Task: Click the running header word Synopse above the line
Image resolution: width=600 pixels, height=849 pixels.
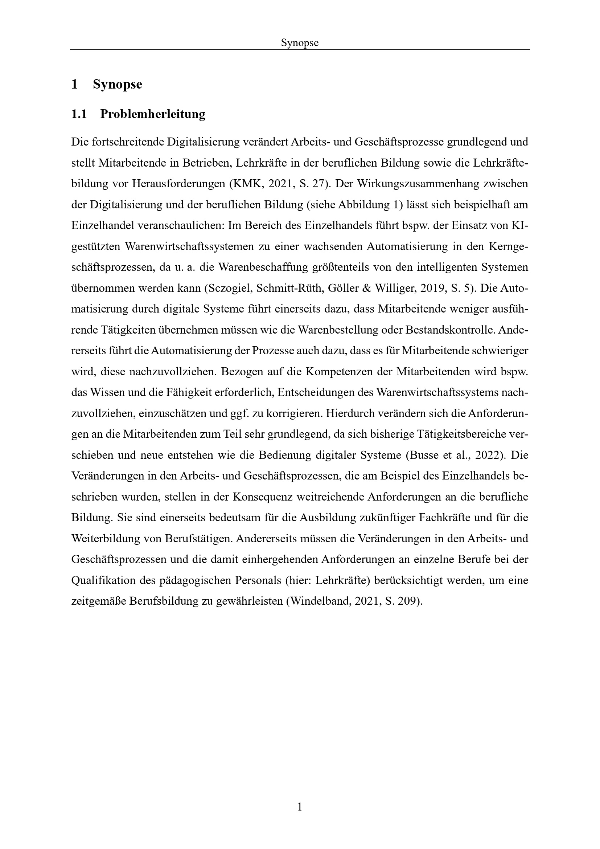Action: [x=300, y=43]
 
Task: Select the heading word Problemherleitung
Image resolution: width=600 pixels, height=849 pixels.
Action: [x=153, y=114]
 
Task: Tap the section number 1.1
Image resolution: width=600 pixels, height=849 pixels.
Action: [x=79, y=114]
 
